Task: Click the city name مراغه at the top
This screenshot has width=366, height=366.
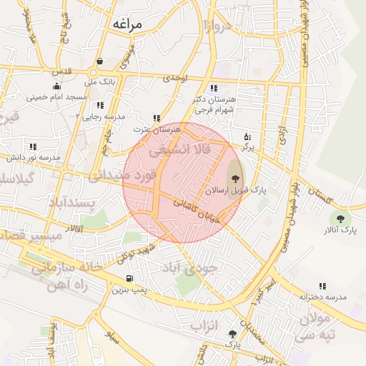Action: pos(127,24)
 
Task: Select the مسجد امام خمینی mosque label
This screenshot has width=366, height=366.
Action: pos(56,97)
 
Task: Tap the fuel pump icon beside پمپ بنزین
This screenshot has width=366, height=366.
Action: pos(129,278)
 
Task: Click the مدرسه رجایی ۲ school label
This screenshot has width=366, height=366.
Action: pos(101,115)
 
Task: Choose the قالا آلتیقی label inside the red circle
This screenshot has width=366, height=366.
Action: pos(179,152)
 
